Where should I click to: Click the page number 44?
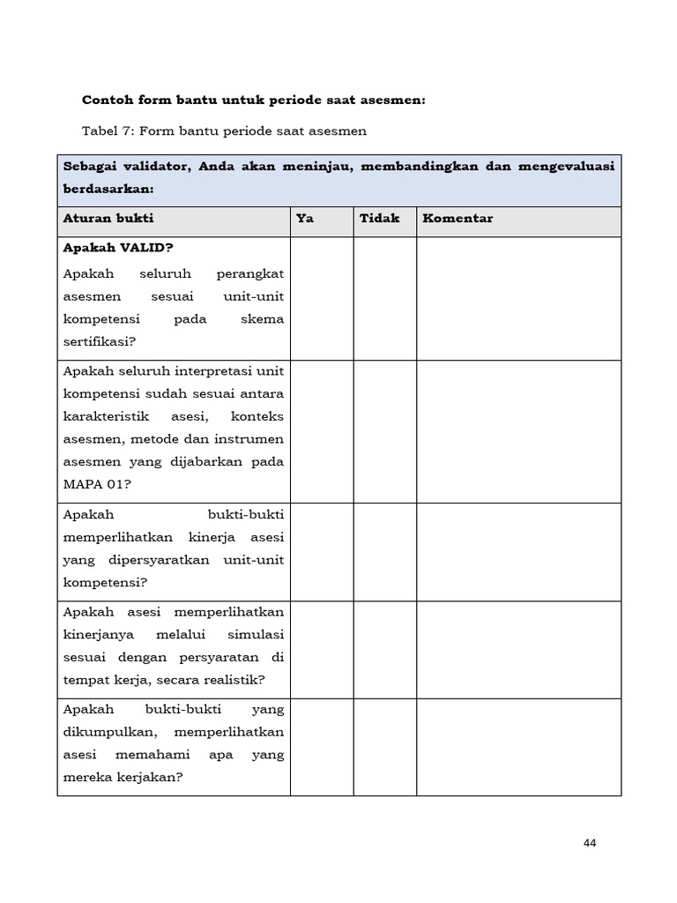point(590,843)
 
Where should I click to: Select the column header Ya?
point(305,219)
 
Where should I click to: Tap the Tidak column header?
point(379,219)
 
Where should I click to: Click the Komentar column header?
point(458,219)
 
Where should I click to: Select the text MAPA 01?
point(95,484)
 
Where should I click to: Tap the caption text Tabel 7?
point(108,131)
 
